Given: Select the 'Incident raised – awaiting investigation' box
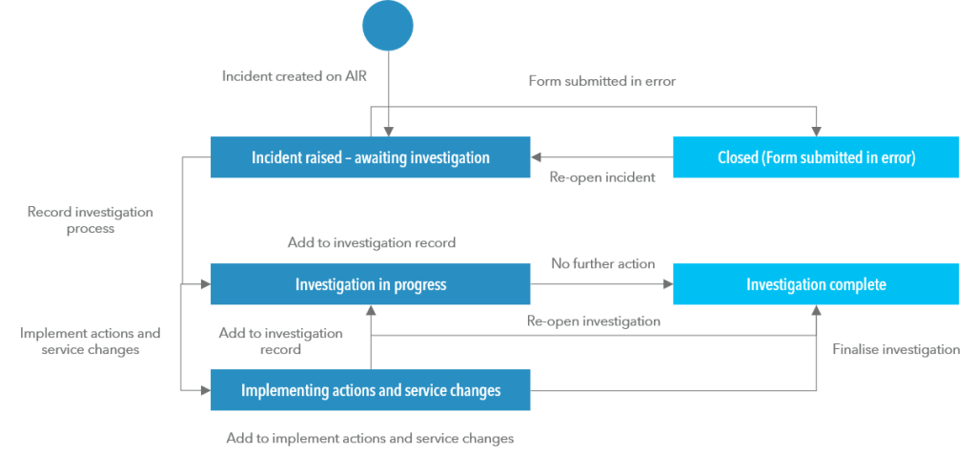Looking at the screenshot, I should pos(370,157).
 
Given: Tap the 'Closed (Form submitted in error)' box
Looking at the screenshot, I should pos(816,157).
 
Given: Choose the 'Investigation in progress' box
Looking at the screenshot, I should pos(370,284).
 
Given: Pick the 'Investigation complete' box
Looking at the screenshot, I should pos(816,284).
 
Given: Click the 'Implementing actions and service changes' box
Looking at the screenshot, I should pos(370,390).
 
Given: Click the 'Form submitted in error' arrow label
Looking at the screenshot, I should pos(601,81).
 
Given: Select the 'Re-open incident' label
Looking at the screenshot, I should pos(602,177).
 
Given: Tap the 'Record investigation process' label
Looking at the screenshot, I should pos(91,220).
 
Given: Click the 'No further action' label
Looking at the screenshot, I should pos(602,262).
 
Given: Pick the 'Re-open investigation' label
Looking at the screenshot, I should pos(593,321).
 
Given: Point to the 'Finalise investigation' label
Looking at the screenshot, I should pos(896,350).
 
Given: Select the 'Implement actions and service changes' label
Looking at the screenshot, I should pos(91,341).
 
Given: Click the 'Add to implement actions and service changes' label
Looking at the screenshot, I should pos(370,439).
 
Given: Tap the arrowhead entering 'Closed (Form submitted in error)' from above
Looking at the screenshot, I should pos(816,132).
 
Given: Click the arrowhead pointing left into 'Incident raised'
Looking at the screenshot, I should pos(537,157).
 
